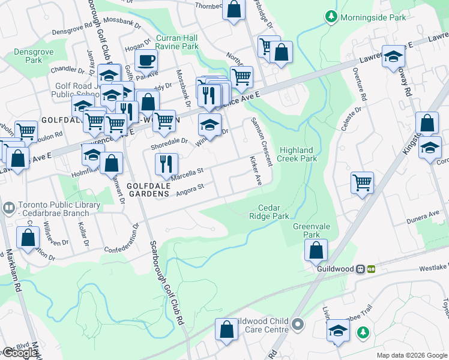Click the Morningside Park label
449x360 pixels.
point(373,17)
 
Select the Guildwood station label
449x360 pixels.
point(336,269)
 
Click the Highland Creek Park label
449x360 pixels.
point(298,154)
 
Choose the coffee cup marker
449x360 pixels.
point(146,60)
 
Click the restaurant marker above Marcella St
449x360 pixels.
point(166,163)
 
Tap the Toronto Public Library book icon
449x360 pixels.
point(8,208)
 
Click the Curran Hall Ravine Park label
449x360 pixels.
point(176,42)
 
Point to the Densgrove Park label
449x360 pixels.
point(28,56)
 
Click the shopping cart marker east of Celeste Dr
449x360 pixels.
point(362,182)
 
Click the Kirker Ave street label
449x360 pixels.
point(255,172)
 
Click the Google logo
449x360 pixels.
point(19,353)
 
